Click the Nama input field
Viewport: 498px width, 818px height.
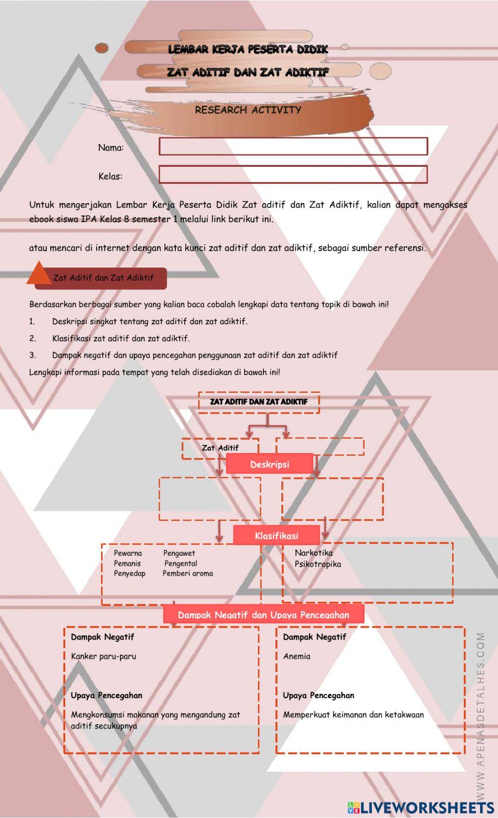coord(293,146)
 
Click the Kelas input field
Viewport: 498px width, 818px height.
coord(293,175)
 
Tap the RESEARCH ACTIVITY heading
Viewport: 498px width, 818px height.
coord(248,110)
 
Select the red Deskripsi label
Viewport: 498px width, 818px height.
coord(269,464)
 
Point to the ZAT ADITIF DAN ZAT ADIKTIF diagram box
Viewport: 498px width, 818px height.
coord(258,402)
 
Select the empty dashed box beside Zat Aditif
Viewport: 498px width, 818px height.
coord(320,447)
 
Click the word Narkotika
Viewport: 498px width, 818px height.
coord(314,553)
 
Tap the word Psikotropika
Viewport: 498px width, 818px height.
coord(318,564)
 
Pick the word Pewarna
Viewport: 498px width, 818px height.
coord(128,553)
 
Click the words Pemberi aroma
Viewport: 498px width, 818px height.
coord(188,574)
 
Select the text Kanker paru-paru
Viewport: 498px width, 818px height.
coord(104,656)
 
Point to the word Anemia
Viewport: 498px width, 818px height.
coord(297,656)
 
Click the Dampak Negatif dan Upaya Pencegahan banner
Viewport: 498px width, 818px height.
coord(263,615)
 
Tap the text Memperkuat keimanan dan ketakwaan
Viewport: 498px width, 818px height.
coord(354,714)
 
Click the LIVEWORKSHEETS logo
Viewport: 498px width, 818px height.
coord(421,807)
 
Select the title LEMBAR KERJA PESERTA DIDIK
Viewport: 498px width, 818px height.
coord(248,49)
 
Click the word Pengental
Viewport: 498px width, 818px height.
coord(181,564)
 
